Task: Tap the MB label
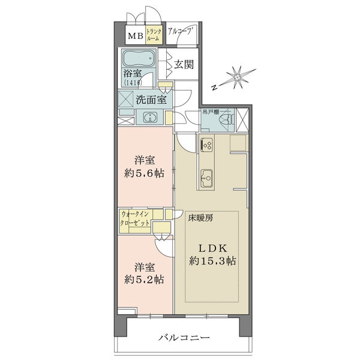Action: tap(136, 36)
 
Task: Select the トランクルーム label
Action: tap(154, 35)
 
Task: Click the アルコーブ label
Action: tap(180, 31)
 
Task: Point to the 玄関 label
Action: tap(184, 65)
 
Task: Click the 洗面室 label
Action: tap(151, 100)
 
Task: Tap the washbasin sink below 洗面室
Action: tap(150, 118)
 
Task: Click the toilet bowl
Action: tap(226, 119)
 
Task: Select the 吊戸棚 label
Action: tap(210, 112)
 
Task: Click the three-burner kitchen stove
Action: tap(206, 145)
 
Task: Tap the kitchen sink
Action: tap(206, 178)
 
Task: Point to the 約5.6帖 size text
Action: tap(144, 174)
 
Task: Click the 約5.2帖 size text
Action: tap(144, 280)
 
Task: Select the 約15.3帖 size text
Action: tap(212, 261)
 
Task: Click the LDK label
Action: tap(213, 248)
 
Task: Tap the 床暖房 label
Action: tap(200, 218)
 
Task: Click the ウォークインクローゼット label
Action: tap(135, 218)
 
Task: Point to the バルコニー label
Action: tap(184, 337)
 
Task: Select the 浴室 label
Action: tap(133, 73)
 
